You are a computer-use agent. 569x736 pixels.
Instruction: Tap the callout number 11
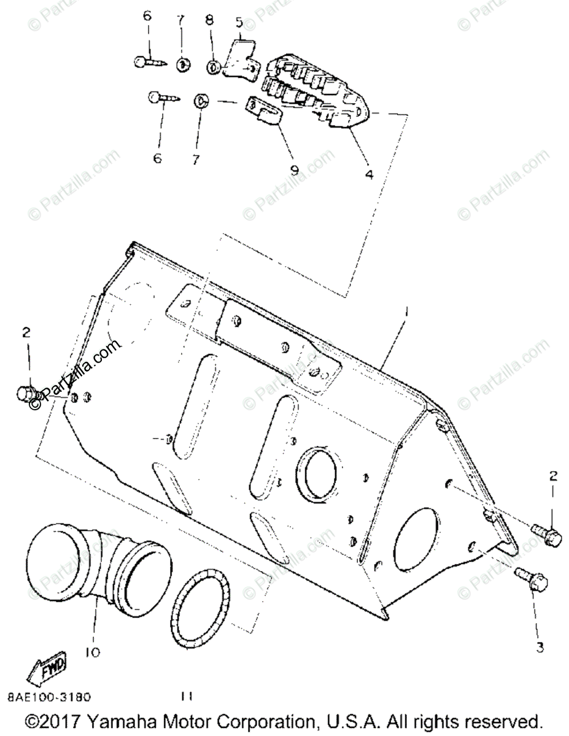coord(187,696)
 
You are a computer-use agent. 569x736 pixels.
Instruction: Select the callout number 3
coord(540,648)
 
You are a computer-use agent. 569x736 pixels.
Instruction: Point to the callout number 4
coord(368,174)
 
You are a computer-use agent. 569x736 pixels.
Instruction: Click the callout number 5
coord(238,23)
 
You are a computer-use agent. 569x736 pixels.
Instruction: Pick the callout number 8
coord(209,20)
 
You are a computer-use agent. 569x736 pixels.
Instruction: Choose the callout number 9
coord(294,169)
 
